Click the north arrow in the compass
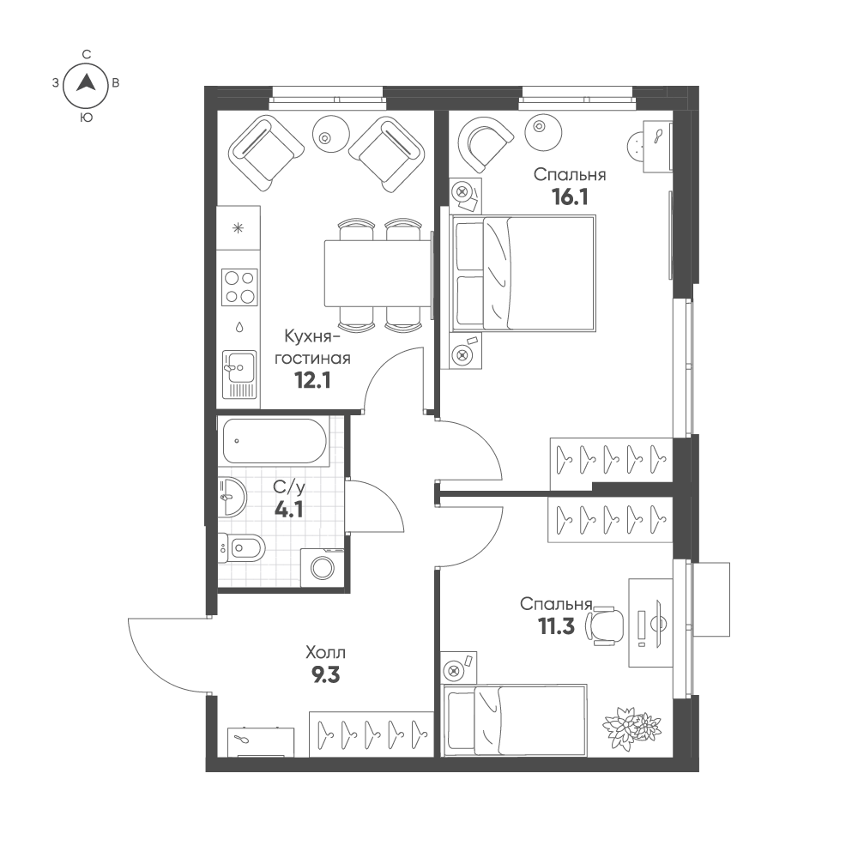(x=85, y=82)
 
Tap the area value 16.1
(x=570, y=197)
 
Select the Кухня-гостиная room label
(x=312, y=347)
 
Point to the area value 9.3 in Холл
(x=325, y=676)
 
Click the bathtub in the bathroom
(x=275, y=441)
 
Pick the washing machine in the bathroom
(x=323, y=567)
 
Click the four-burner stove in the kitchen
(x=239, y=287)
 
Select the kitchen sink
(x=239, y=374)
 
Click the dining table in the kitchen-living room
(x=378, y=273)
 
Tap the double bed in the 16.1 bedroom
(x=523, y=273)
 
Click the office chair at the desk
(x=605, y=623)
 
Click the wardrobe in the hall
(x=371, y=734)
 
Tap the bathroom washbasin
(x=232, y=496)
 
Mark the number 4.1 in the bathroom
(x=288, y=511)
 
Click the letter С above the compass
(x=86, y=54)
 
